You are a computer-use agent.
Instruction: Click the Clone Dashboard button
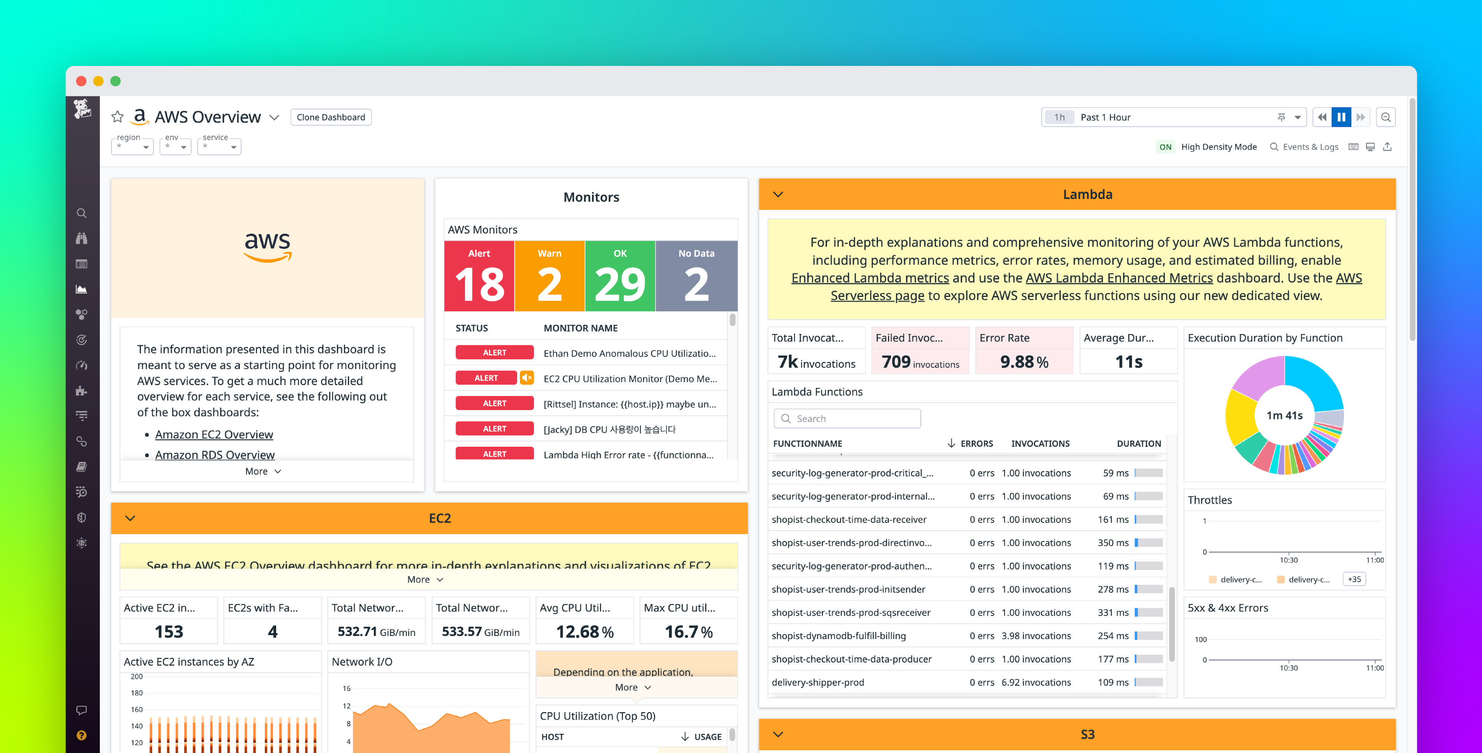(x=331, y=117)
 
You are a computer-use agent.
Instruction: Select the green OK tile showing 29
(x=620, y=276)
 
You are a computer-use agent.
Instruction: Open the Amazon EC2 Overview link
(x=214, y=435)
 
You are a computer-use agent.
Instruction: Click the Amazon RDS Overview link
(x=214, y=455)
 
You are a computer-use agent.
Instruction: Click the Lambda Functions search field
(x=847, y=419)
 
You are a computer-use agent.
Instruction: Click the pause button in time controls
(x=1341, y=117)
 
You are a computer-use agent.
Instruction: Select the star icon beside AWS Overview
(x=117, y=117)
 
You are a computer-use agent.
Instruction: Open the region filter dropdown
(x=132, y=146)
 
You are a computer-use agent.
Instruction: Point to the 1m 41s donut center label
(x=1284, y=415)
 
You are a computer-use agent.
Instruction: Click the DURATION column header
(x=1138, y=443)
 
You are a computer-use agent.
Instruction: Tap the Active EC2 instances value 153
(x=168, y=632)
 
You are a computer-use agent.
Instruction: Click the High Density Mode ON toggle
(x=1165, y=147)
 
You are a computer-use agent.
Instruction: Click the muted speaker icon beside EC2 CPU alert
(x=526, y=378)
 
